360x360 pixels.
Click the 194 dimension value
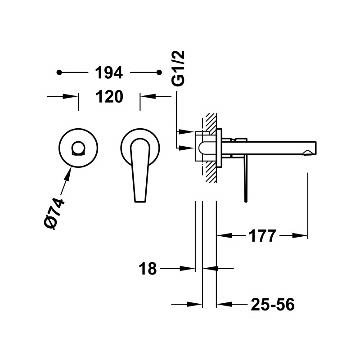[x=109, y=72]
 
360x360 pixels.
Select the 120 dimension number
[x=109, y=97]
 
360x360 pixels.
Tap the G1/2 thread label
[x=178, y=68]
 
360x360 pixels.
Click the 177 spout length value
[x=262, y=235]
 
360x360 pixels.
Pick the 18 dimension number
[x=148, y=268]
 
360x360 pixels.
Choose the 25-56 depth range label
[x=273, y=305]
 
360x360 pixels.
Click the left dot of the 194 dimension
[x=59, y=72]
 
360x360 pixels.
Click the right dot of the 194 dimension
[x=159, y=72]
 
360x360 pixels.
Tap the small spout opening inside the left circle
[x=78, y=148]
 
